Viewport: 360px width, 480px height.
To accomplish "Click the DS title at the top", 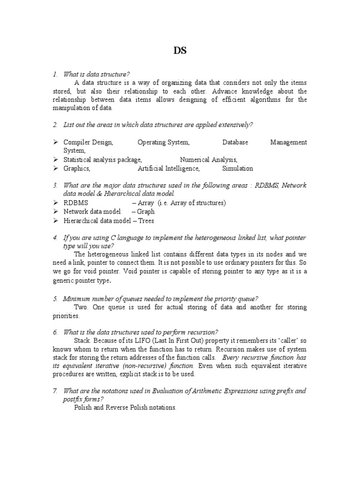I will [180, 51].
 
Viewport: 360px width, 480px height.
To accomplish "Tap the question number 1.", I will [55, 74].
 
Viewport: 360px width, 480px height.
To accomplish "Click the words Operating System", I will [164, 142].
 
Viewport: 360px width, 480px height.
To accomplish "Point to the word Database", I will [235, 142].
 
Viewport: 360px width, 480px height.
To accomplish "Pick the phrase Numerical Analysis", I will [209, 159].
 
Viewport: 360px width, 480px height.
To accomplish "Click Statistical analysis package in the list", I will [103, 159].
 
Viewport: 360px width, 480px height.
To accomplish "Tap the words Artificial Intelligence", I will [169, 168].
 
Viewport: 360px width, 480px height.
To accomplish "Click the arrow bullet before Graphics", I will [55, 168].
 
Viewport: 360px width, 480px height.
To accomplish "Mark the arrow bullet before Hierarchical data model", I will [55, 220].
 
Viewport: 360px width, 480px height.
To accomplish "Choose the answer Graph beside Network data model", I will [146, 211].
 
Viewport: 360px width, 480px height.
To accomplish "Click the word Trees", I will [146, 220].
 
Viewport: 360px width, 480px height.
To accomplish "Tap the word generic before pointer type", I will [65, 281].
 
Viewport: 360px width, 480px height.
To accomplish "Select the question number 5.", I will [55, 299].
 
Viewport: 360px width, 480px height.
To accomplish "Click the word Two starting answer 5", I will [81, 307].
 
